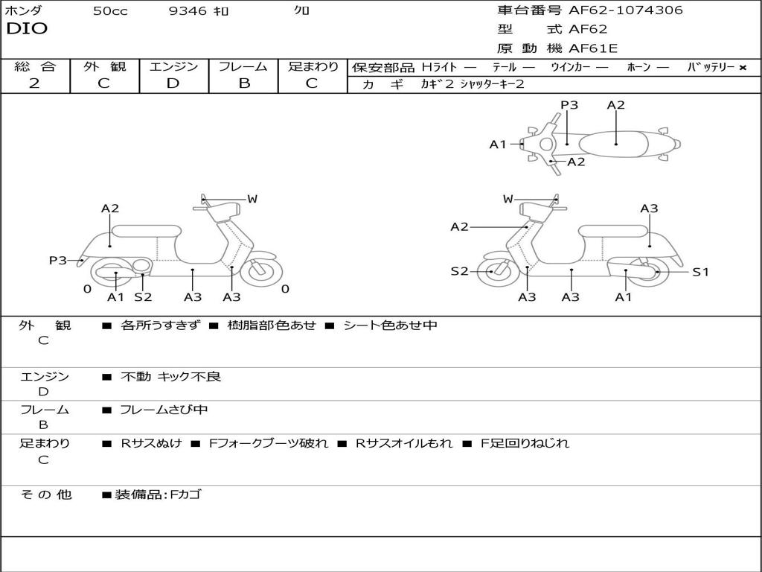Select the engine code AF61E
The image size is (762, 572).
click(x=593, y=49)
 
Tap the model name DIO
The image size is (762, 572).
click(x=27, y=29)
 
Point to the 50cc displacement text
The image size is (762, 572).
click(x=110, y=11)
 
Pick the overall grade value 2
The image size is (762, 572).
click(x=34, y=83)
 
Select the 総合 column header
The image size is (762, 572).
click(x=35, y=66)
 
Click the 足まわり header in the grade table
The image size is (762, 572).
click(x=313, y=66)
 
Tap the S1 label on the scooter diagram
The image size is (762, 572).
click(x=700, y=272)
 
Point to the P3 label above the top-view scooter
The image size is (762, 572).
click(x=569, y=105)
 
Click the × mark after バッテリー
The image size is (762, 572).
click(x=742, y=68)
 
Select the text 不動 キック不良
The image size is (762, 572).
click(x=171, y=377)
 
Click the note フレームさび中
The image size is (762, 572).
click(x=164, y=410)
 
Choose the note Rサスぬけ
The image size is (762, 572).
click(x=151, y=443)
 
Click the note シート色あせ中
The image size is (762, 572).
click(x=390, y=325)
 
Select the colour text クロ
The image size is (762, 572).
click(x=302, y=11)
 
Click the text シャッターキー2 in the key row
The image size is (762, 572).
click(x=492, y=84)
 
